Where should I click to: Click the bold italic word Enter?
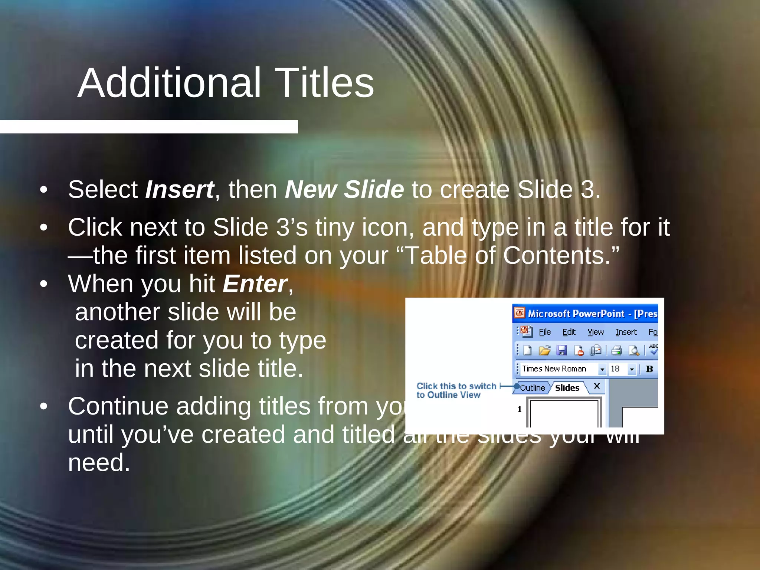(x=255, y=284)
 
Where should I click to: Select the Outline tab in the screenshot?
(x=532, y=388)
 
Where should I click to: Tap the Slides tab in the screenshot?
(x=567, y=388)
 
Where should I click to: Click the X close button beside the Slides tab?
(x=597, y=386)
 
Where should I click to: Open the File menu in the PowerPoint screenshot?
(x=545, y=332)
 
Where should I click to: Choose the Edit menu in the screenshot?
(x=569, y=332)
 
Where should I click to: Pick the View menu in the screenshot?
(x=596, y=332)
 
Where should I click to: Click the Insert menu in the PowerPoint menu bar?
(x=626, y=332)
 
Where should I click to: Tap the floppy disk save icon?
(x=561, y=350)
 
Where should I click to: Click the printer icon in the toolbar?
(x=616, y=350)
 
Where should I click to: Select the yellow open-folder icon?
(x=544, y=350)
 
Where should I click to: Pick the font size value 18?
(x=615, y=369)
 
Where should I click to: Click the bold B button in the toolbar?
(x=649, y=369)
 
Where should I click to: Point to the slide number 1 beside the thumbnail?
(x=520, y=409)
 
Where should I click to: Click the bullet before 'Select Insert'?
(x=44, y=190)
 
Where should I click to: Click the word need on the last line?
(x=99, y=463)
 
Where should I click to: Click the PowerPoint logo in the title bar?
(x=520, y=313)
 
